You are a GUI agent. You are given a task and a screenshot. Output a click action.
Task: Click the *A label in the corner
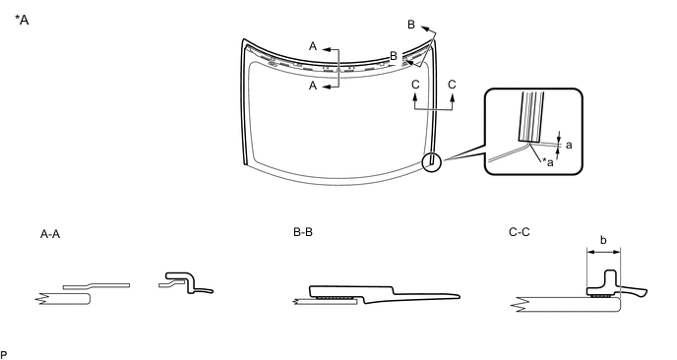click(x=22, y=20)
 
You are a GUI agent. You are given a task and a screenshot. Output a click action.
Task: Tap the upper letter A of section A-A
click(x=313, y=46)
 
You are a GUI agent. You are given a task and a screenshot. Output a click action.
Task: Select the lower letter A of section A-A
click(x=313, y=86)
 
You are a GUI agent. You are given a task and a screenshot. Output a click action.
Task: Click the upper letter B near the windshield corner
click(x=411, y=25)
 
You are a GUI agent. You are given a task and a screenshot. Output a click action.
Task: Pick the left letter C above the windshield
click(x=415, y=85)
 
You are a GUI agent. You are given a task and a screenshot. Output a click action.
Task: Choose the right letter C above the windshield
click(x=452, y=85)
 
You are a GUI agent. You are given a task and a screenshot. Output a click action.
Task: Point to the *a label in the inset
click(x=547, y=162)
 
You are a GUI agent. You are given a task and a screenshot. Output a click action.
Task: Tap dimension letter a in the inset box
click(x=569, y=145)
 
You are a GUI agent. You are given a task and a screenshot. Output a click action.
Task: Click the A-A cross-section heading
click(x=50, y=234)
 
